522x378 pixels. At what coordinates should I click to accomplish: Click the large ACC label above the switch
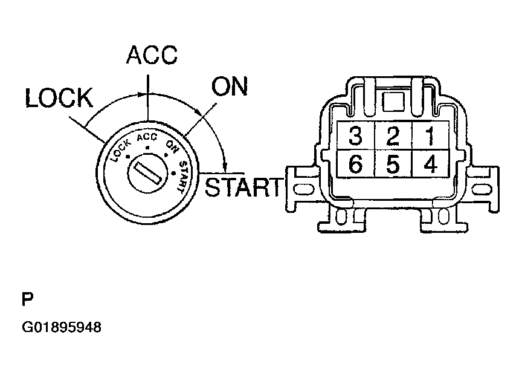[151, 55]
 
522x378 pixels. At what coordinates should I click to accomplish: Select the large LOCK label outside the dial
[59, 97]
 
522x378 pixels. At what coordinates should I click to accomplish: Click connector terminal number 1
[429, 135]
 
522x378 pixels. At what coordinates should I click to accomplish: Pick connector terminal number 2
[393, 135]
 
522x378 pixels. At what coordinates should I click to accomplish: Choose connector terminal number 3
[356, 135]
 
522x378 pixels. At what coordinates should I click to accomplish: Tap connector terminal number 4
[429, 165]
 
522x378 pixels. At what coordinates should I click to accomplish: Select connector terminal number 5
[393, 165]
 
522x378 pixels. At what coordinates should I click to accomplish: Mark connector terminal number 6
[356, 165]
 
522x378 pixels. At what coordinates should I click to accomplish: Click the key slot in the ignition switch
[147, 170]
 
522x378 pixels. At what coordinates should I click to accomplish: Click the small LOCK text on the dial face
[121, 148]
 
